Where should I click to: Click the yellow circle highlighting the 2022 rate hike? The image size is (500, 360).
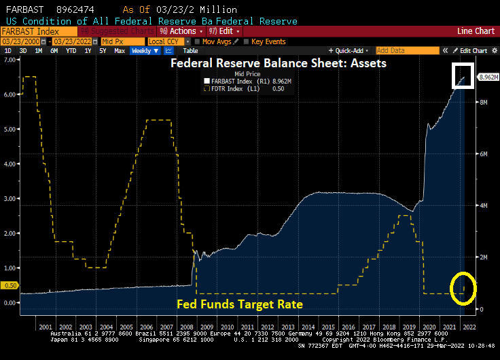[465, 287]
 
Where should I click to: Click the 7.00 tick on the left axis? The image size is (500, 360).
[10, 59]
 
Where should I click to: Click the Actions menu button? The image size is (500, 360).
[181, 31]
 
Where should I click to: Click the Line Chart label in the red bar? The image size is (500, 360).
[476, 31]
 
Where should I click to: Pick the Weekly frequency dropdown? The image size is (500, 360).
[144, 51]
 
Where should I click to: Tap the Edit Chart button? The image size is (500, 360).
[474, 51]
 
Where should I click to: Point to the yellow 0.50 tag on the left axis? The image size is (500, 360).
[10, 286]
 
